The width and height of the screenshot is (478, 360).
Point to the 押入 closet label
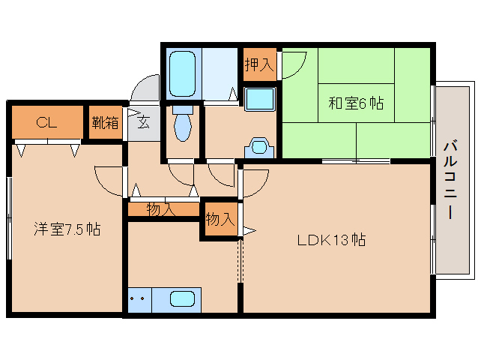click(x=259, y=64)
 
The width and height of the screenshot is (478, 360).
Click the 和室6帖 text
click(x=355, y=103)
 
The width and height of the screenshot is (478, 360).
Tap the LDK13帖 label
click(x=331, y=241)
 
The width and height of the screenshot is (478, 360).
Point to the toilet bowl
click(x=183, y=124)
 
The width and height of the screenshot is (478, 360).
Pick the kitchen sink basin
click(x=184, y=299)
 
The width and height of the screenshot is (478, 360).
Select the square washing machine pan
click(x=259, y=99)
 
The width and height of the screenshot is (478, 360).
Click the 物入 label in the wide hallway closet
click(x=161, y=209)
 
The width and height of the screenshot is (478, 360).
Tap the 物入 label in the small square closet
click(x=220, y=220)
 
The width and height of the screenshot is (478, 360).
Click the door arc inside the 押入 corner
click(x=291, y=64)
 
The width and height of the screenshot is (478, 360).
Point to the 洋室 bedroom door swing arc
click(x=108, y=180)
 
